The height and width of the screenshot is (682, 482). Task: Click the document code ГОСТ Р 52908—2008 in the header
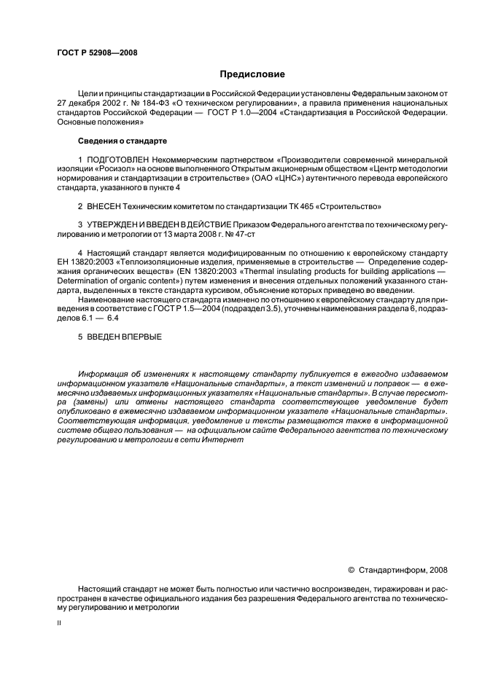[x=97, y=52]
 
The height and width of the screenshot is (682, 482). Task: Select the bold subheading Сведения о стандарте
[x=123, y=139]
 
